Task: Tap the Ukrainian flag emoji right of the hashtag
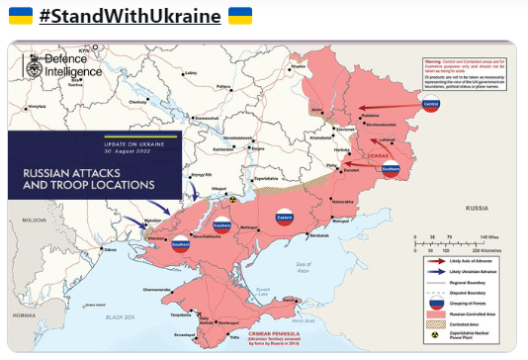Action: (x=240, y=17)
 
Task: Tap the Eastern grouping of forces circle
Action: (x=282, y=216)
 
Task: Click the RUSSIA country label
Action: (x=479, y=209)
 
